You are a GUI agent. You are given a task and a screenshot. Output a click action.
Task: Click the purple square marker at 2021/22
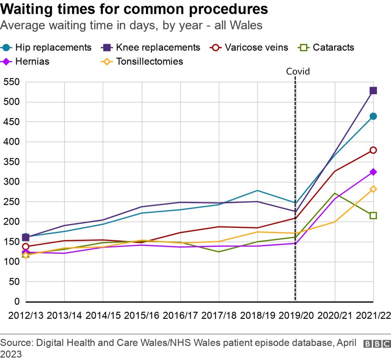[373, 91]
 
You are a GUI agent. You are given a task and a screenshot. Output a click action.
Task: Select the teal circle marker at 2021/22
[373, 116]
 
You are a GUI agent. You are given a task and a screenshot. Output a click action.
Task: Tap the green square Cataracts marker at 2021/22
[373, 215]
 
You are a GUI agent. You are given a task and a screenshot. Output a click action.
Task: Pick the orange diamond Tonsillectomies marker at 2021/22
[373, 189]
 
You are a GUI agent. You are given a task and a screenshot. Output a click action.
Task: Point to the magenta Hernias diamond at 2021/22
[373, 172]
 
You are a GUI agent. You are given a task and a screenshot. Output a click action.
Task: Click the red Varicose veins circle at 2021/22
[373, 150]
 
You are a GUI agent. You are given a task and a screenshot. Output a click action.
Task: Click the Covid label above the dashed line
[298, 72]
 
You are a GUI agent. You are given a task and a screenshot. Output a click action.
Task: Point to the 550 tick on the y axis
[11, 82]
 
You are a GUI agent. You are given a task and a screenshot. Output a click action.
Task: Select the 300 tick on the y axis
[11, 182]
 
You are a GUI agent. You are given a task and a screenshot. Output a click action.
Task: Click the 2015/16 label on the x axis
[141, 315]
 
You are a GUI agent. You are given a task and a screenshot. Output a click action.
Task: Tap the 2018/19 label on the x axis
[257, 315]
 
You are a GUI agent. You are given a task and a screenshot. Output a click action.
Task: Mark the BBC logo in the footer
[377, 344]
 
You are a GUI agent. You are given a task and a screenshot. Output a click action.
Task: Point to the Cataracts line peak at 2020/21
[335, 193]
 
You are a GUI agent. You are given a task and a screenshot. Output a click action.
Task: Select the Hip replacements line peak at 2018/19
[257, 190]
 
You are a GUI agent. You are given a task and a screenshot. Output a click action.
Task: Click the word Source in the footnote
[16, 343]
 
